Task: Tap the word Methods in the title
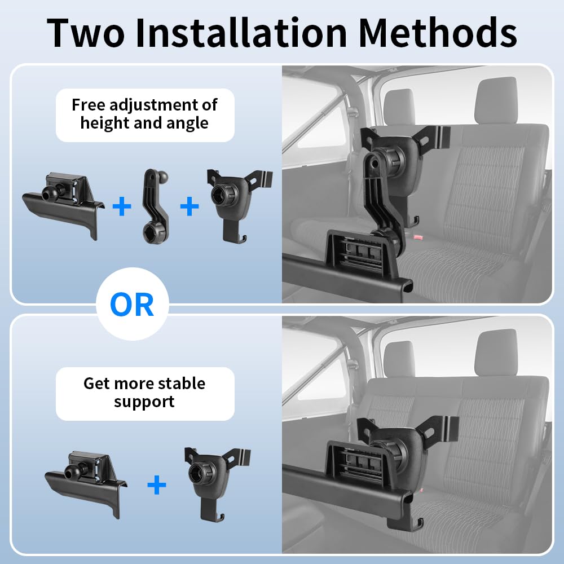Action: (438, 32)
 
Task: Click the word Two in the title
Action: (86, 32)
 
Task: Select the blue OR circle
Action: (133, 304)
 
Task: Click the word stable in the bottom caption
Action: (182, 384)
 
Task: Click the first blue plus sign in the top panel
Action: (122, 206)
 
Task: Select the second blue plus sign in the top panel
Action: (190, 206)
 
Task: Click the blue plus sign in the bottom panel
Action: (157, 484)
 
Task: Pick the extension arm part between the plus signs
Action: (155, 207)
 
